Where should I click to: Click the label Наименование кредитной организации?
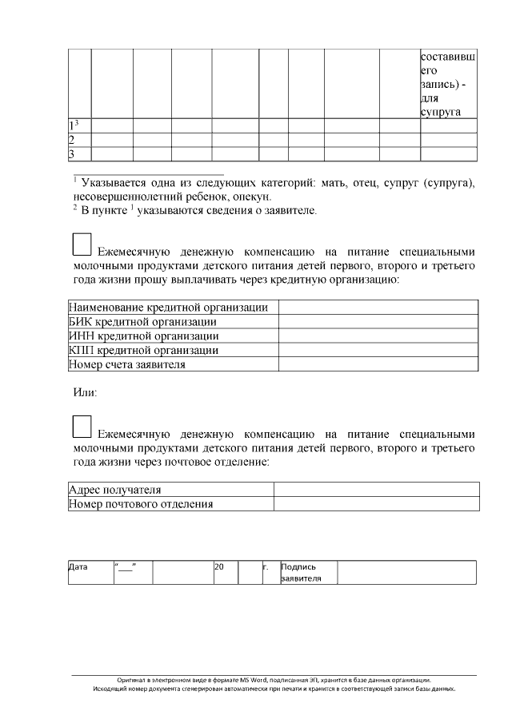coord(168,308)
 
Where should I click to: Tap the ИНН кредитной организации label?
coord(144,336)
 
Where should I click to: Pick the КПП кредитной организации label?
coord(144,350)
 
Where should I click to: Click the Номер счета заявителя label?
coord(127,364)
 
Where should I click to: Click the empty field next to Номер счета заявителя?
coord(378,364)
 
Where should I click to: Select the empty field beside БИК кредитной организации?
coord(378,322)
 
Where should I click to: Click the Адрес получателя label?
coord(115,490)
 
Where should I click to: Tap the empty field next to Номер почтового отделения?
coord(376,504)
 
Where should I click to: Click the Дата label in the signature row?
coord(78,566)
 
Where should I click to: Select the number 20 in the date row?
coord(220,566)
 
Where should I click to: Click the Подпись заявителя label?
coord(301,572)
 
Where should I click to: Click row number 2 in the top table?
coord(71,140)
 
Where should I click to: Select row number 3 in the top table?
coord(71,153)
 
